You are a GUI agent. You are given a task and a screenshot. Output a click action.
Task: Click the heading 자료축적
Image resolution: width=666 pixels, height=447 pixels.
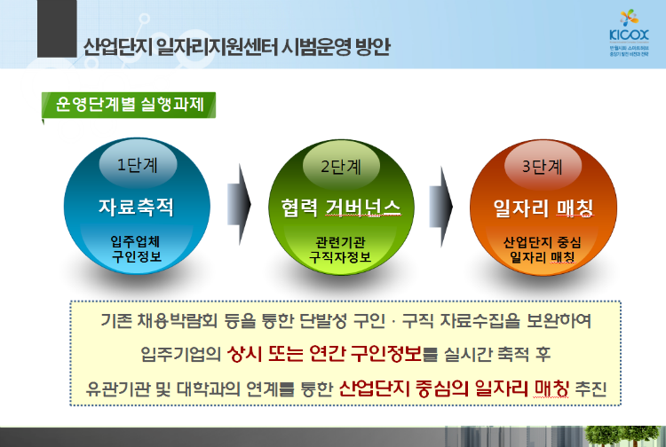(135, 208)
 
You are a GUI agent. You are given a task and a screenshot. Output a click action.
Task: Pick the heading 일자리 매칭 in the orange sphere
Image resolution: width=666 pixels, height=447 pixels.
(543, 208)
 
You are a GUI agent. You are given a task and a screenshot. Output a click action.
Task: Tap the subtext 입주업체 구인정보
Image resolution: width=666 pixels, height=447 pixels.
(135, 248)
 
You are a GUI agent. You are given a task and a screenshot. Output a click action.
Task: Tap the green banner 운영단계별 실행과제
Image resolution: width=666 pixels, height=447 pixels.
(130, 105)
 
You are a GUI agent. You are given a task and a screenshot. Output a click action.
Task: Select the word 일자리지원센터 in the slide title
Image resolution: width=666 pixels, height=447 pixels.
(202, 45)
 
